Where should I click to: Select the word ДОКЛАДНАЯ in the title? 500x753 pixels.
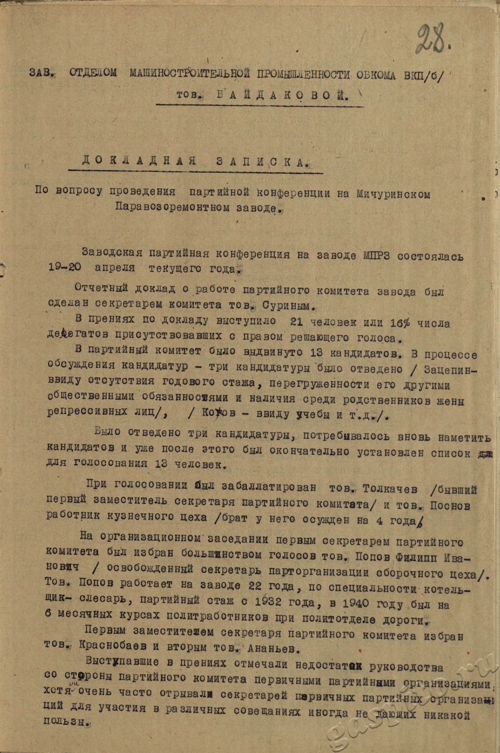click(x=139, y=161)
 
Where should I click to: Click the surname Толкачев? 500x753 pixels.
click(x=390, y=489)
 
